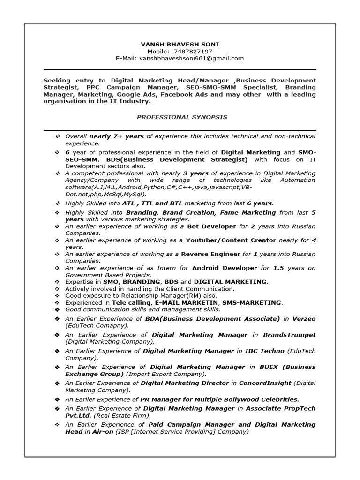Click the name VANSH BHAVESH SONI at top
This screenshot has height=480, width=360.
pyautogui.click(x=180, y=44)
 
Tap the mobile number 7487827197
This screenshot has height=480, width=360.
pyautogui.click(x=193, y=51)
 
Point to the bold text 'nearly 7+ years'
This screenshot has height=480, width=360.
pyautogui.click(x=116, y=136)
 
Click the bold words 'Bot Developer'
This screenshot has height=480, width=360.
pyautogui.click(x=211, y=226)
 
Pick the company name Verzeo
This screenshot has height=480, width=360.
pyautogui.click(x=304, y=319)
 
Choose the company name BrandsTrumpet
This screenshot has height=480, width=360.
pyautogui.click(x=289, y=335)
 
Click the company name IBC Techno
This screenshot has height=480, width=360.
pyautogui.click(x=265, y=351)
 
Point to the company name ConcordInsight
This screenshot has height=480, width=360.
pyautogui.click(x=266, y=383)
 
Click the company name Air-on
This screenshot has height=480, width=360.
pyautogui.click(x=102, y=431)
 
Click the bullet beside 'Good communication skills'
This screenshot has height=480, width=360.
pyautogui.click(x=57, y=310)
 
